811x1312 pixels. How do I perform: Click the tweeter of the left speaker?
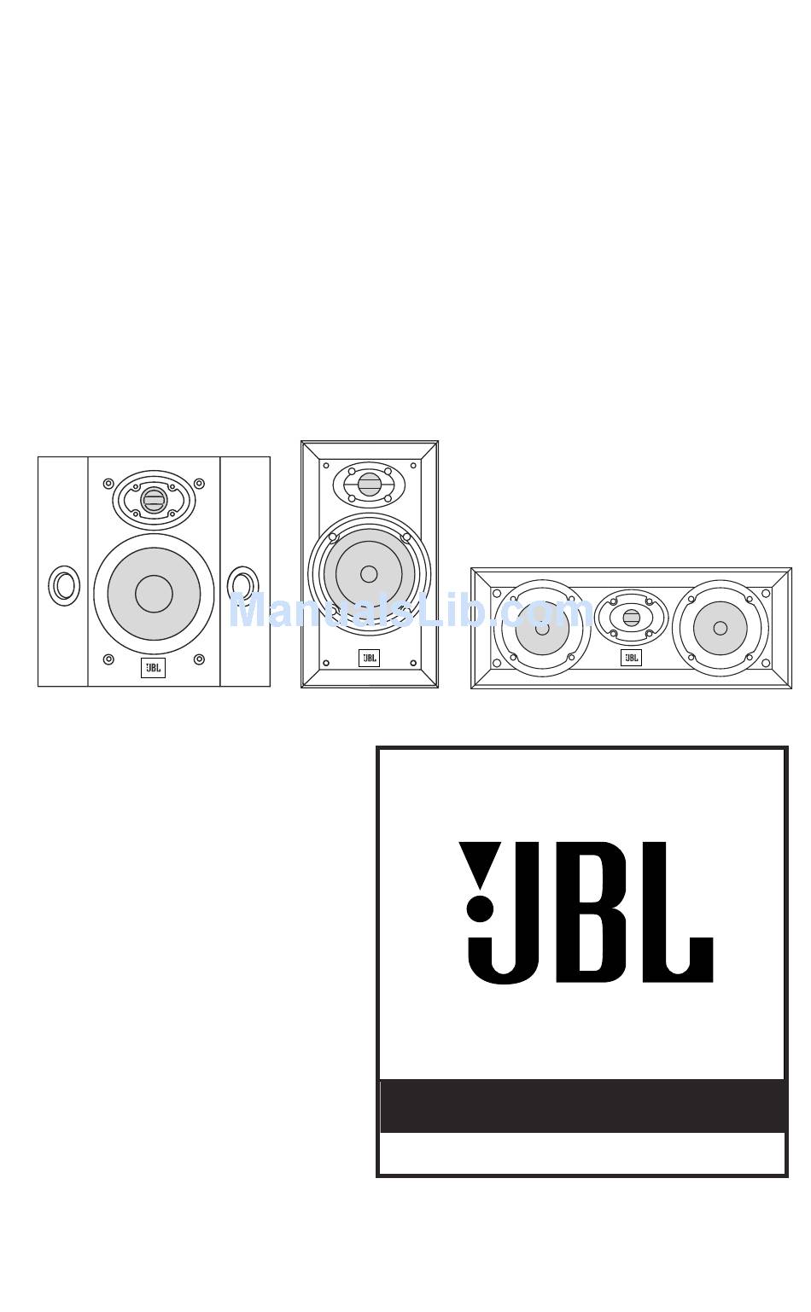coord(153,500)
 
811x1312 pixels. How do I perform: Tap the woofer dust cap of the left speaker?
coord(155,594)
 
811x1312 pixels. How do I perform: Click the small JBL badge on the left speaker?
coord(153,668)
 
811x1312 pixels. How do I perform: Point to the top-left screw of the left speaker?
coord(108,484)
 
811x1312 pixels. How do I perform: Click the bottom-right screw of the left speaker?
coord(199,659)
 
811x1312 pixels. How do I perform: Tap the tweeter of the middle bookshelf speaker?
coord(369,485)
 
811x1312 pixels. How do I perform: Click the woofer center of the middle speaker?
coord(369,574)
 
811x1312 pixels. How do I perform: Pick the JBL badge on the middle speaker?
coord(369,658)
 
